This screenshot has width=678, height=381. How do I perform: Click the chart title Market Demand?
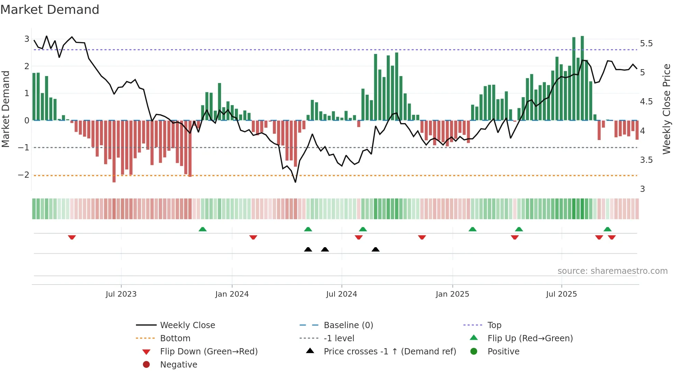(50, 10)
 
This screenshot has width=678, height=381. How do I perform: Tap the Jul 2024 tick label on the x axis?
(341, 294)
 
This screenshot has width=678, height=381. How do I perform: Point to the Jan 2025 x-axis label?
(452, 294)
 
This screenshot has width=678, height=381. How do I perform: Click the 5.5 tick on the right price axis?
(646, 44)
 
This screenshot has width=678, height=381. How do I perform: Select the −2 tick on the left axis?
(24, 175)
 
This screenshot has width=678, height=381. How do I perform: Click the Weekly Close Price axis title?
(666, 109)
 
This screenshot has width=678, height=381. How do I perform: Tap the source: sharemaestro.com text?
(612, 271)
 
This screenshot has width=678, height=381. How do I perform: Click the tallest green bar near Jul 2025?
(582, 78)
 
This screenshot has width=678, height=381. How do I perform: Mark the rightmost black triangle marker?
(375, 249)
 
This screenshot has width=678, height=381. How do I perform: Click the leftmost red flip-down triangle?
(72, 237)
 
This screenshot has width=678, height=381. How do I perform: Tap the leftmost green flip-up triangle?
(203, 229)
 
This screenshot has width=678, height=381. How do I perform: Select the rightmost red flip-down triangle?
(612, 237)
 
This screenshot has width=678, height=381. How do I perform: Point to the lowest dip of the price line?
(295, 182)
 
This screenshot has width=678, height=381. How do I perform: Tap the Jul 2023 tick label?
(121, 294)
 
